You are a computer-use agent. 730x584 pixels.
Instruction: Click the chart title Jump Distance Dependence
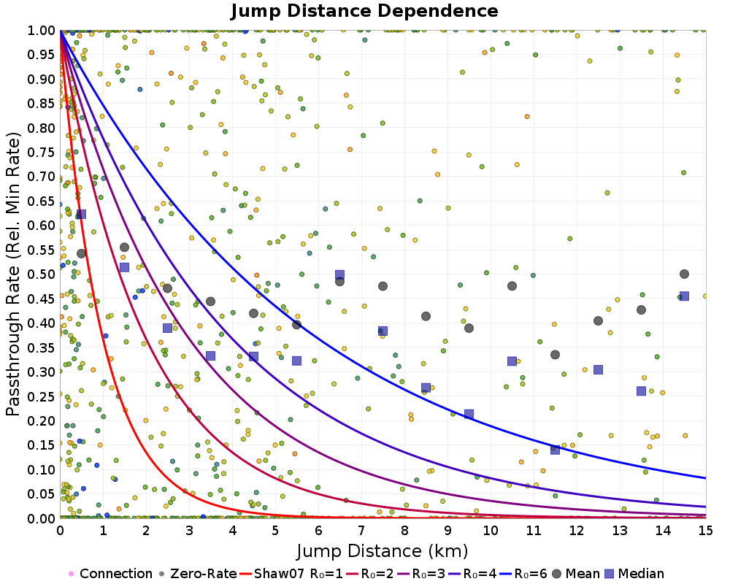[364, 11]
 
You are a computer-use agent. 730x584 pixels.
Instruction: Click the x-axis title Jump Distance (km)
[383, 551]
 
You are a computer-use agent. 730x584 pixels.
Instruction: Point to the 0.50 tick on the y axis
[42, 274]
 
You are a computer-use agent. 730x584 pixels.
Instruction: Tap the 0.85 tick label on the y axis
[42, 104]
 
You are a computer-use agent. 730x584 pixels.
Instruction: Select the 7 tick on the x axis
[361, 531]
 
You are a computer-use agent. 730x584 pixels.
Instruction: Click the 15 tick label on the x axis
[706, 531]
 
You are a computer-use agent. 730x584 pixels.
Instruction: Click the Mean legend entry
[575, 573]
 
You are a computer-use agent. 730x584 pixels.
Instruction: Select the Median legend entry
[634, 573]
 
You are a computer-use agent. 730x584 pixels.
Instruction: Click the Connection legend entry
[111, 573]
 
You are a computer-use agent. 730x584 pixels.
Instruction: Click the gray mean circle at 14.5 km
[684, 274]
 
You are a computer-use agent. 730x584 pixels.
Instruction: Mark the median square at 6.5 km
[340, 274]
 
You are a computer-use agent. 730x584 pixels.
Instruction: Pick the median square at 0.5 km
[81, 214]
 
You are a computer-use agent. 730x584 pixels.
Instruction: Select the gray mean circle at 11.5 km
[555, 355]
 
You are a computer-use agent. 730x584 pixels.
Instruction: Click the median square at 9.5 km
[469, 414]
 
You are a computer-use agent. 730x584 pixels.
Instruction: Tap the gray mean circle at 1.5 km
[124, 247]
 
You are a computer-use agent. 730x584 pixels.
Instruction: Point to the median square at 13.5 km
[641, 391]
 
